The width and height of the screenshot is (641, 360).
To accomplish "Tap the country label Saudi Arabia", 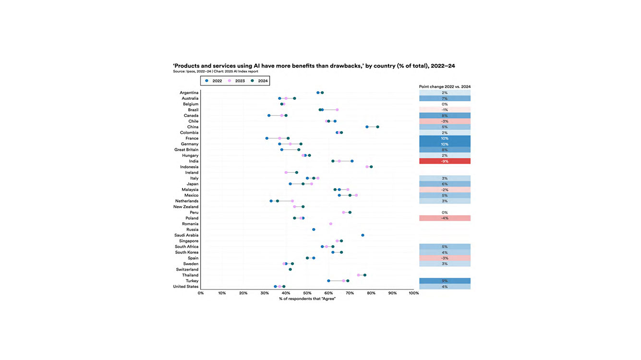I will click(x=186, y=235).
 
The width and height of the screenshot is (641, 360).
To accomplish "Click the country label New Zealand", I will click(x=186, y=207).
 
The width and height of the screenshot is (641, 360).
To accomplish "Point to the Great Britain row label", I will click(x=186, y=150).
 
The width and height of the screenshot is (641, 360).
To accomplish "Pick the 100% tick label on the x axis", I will click(x=413, y=293).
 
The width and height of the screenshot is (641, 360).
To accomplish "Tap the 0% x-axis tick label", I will click(x=201, y=293).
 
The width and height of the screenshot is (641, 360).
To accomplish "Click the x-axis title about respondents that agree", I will click(x=307, y=299).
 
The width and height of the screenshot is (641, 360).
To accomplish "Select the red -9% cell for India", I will click(x=445, y=161).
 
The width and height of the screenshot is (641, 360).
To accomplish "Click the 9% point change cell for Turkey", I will click(x=445, y=281).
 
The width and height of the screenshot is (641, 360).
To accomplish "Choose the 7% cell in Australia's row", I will click(x=445, y=98).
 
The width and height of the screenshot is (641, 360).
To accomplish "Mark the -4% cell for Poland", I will click(x=445, y=218).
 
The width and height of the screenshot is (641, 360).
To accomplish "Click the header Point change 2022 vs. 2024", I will click(x=445, y=86).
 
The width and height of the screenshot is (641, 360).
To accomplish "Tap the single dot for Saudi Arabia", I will click(x=363, y=235).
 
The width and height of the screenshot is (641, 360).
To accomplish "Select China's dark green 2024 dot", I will click(x=377, y=127).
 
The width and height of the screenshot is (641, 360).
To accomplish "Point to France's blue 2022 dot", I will click(x=267, y=138).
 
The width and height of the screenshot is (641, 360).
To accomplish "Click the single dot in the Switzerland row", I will click(x=290, y=269).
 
